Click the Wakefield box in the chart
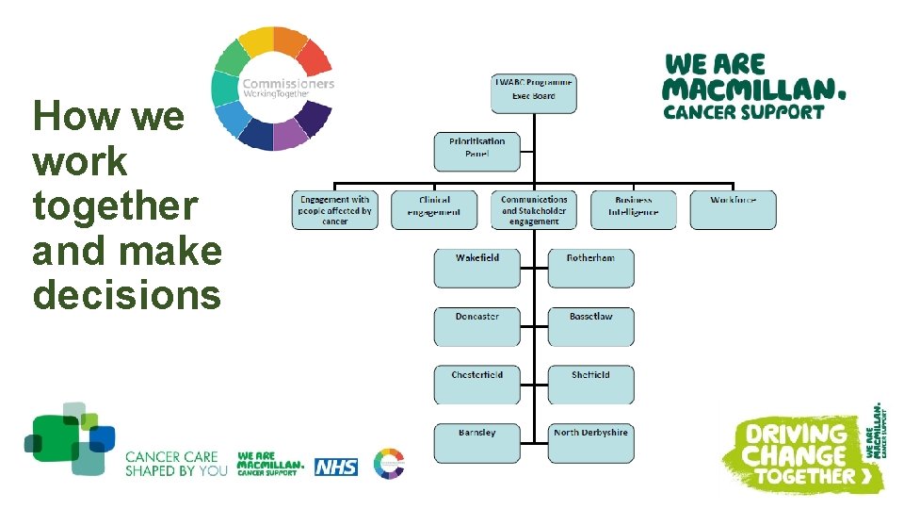pyautogui.click(x=476, y=269)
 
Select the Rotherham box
pyautogui.click(x=590, y=269)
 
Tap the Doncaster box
pyautogui.click(x=476, y=327)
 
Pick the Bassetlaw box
pyautogui.click(x=590, y=327)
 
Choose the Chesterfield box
pyautogui.click(x=476, y=385)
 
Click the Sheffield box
pyautogui.click(x=590, y=385)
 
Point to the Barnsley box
pyautogui.click(x=476, y=443)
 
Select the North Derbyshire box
pyautogui.click(x=590, y=443)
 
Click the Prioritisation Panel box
pyautogui.click(x=476, y=151)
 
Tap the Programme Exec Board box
pyautogui.click(x=534, y=93)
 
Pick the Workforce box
pyautogui.click(x=733, y=209)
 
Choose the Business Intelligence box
pyautogui.click(x=634, y=209)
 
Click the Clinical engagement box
pyautogui.click(x=434, y=209)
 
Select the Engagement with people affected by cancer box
pyautogui.click(x=335, y=209)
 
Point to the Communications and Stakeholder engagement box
pyautogui.click(x=534, y=209)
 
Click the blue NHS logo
pyautogui.click(x=336, y=466)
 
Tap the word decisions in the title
pyautogui.click(x=127, y=295)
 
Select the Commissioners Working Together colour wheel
pyautogui.click(x=272, y=89)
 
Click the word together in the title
pyautogui.click(x=115, y=205)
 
